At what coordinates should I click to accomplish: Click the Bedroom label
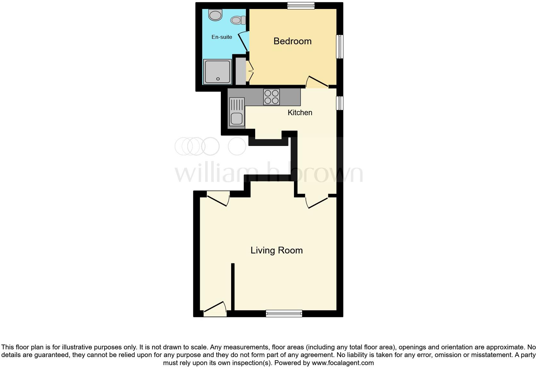(x=292, y=41)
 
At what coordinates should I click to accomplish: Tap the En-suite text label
(x=222, y=37)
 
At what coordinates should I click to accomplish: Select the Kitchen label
(x=300, y=113)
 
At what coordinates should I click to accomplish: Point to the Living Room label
(x=276, y=250)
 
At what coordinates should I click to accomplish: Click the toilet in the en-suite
(x=238, y=20)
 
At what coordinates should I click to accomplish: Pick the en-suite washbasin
(x=215, y=14)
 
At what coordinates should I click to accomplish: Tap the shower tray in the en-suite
(x=217, y=71)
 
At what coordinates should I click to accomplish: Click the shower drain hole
(x=218, y=79)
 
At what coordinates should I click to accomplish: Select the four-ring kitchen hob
(x=272, y=97)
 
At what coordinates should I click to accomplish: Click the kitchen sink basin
(x=237, y=118)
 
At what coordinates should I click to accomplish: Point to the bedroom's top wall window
(x=301, y=5)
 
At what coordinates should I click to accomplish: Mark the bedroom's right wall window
(x=339, y=47)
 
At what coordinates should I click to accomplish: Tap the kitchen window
(x=339, y=103)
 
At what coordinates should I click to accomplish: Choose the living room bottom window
(x=284, y=313)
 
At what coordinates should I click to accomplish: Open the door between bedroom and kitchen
(x=317, y=81)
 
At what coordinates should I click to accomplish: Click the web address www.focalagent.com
(x=343, y=363)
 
